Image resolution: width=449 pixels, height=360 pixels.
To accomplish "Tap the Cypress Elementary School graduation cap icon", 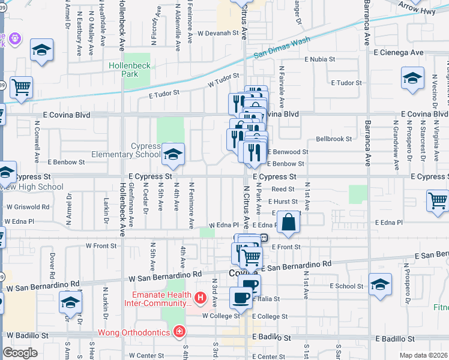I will pyautogui.click(x=173, y=155).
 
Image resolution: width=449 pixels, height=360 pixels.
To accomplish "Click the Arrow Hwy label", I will pyautogui.click(x=421, y=5).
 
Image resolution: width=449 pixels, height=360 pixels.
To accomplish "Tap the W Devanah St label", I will pyautogui.click(x=219, y=33).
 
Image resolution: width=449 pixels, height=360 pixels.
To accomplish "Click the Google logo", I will pyautogui.click(x=20, y=353).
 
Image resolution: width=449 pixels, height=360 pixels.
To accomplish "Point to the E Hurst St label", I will pyautogui.click(x=283, y=202).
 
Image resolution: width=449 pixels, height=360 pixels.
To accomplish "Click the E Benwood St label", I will pyautogui.click(x=288, y=152).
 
